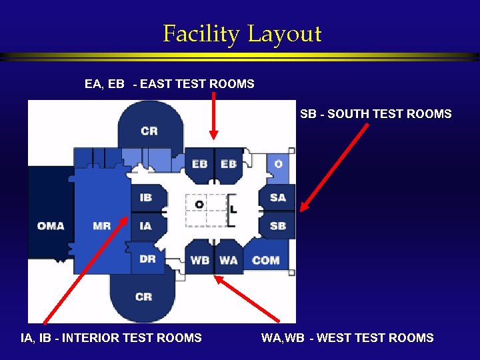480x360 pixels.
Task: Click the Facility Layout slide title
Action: pos(242,33)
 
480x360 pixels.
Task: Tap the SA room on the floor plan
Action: pos(277,197)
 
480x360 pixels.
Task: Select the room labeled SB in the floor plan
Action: pos(277,225)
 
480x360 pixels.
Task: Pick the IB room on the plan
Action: pos(145,197)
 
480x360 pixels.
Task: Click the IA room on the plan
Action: pos(145,225)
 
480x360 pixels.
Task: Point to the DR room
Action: pos(147,259)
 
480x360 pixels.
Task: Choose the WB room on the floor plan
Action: pos(199,259)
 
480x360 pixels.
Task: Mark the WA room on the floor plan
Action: pos(228,259)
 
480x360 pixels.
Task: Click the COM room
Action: pos(265,259)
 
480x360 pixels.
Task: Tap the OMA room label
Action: pos(51,225)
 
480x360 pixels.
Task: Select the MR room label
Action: pos(102,225)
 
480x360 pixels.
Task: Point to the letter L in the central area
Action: pos(233,209)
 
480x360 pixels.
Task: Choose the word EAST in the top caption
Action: pos(156,84)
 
